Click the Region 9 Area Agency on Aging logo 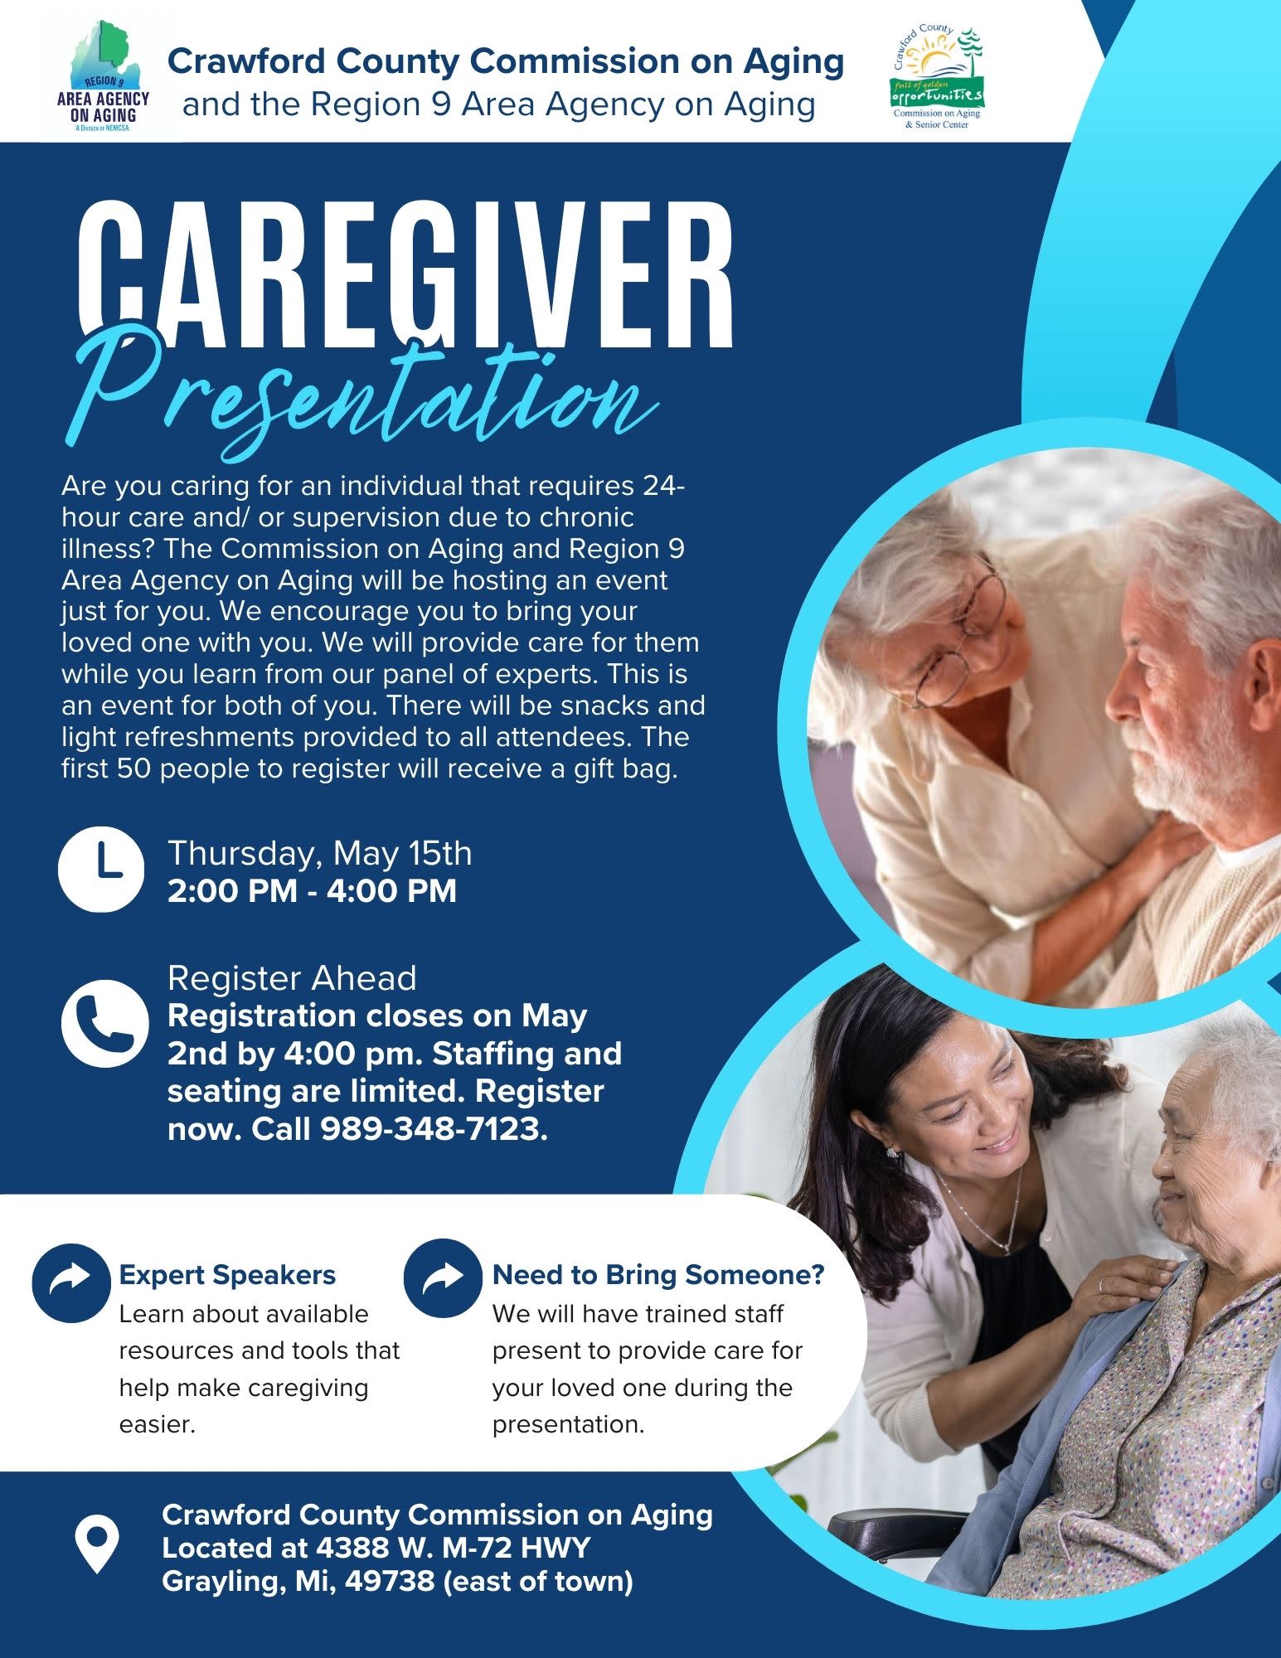click(x=103, y=76)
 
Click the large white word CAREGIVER click(x=405, y=275)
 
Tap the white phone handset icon click(x=104, y=1023)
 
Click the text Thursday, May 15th click(x=320, y=853)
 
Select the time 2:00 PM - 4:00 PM click(x=312, y=891)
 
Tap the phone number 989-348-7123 click(x=434, y=1129)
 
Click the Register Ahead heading click(x=292, y=978)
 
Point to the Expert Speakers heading click(x=227, y=1275)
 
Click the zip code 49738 click(x=389, y=1581)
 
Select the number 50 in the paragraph click(x=133, y=769)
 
